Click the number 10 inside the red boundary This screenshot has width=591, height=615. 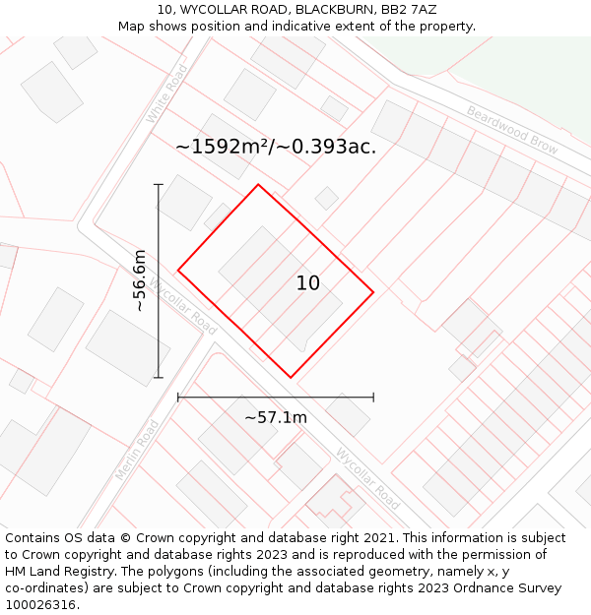pyautogui.click(x=308, y=283)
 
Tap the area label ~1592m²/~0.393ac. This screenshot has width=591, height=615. pyautogui.click(x=276, y=147)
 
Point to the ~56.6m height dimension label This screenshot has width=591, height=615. pyautogui.click(x=140, y=280)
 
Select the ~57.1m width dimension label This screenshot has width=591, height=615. pyautogui.click(x=276, y=417)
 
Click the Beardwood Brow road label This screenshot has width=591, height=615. pyautogui.click(x=512, y=130)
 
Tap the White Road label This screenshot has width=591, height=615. pyautogui.click(x=166, y=94)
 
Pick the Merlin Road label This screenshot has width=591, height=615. pyautogui.click(x=136, y=450)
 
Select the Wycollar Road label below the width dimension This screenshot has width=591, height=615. pyautogui.click(x=367, y=479)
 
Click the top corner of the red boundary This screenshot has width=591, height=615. pyautogui.click(x=258, y=185)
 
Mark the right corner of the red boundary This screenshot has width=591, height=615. pyautogui.click(x=373, y=292)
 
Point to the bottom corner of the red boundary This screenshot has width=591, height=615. pyautogui.click(x=291, y=377)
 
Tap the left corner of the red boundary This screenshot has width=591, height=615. pyautogui.click(x=178, y=270)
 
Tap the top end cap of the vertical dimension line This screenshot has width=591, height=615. pyautogui.click(x=158, y=184)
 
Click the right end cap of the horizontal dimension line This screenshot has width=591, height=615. pyautogui.click(x=373, y=398)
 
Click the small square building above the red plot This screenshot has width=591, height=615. pyautogui.click(x=327, y=199)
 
